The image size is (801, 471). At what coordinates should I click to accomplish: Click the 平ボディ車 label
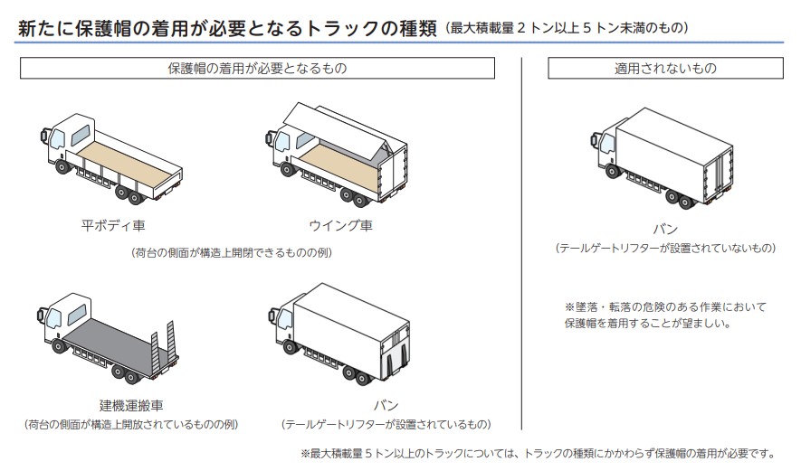click(x=113, y=225)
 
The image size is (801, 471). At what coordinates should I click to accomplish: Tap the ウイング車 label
click(x=340, y=225)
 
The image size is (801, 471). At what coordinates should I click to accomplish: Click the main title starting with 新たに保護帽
click(x=226, y=28)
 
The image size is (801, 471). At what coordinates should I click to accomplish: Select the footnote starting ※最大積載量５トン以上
click(x=538, y=453)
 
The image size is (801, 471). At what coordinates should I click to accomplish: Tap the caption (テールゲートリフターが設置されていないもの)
click(x=665, y=248)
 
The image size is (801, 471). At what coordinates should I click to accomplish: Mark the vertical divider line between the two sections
click(x=522, y=244)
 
